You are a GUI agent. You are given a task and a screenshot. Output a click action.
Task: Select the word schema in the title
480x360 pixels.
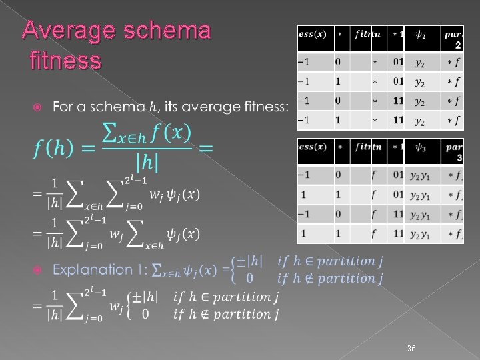(x=167, y=31)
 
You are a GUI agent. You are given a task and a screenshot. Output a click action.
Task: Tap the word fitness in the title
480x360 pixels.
(x=66, y=61)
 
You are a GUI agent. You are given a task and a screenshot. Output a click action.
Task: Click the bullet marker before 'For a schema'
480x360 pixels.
(x=39, y=107)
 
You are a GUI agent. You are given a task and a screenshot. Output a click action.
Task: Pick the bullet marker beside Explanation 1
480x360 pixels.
(x=39, y=271)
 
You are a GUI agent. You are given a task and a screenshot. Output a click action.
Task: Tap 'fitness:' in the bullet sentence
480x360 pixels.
(x=263, y=107)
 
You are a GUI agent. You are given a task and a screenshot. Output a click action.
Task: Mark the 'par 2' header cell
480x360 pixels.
(x=453, y=39)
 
